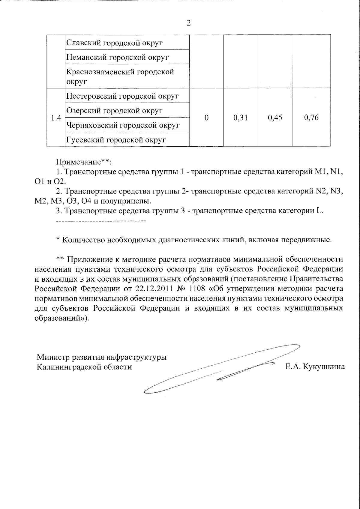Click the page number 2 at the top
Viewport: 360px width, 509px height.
pyautogui.click(x=188, y=23)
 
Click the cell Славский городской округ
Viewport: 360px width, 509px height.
pyautogui.click(x=114, y=43)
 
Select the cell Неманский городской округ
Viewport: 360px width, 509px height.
pyautogui.click(x=117, y=57)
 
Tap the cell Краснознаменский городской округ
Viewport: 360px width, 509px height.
pyautogui.click(x=120, y=76)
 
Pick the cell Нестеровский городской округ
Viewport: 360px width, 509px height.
pyautogui.click(x=122, y=96)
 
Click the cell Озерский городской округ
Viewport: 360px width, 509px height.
pyautogui.click(x=114, y=111)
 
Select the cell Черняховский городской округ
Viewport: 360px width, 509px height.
pyautogui.click(x=123, y=125)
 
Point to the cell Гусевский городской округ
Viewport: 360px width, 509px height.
pyautogui.click(x=116, y=140)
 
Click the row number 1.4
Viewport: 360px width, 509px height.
pyautogui.click(x=56, y=118)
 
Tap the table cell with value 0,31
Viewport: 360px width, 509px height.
pyautogui.click(x=240, y=118)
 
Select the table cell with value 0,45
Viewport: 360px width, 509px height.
pyautogui.click(x=275, y=118)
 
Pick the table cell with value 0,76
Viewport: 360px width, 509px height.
pyautogui.click(x=311, y=118)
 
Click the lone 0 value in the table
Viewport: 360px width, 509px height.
pyautogui.click(x=206, y=118)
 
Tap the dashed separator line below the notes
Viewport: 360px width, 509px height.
pyautogui.click(x=101, y=221)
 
